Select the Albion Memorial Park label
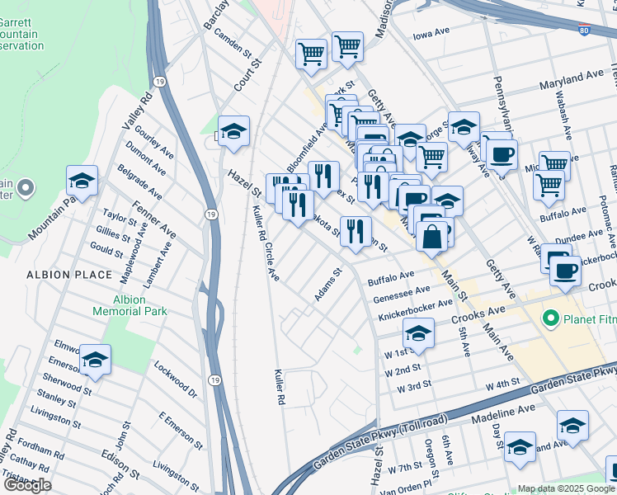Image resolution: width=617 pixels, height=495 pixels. tap(141, 305)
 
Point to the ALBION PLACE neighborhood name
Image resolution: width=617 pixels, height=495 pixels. tap(68, 274)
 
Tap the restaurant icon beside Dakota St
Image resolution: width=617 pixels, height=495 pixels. tap(356, 230)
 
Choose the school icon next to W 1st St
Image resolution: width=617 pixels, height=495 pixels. tap(418, 333)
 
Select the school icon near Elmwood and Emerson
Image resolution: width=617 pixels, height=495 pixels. tap(95, 360)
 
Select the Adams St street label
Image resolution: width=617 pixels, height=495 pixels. tap(327, 285)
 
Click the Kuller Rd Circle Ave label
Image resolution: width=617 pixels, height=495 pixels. tap(266, 243)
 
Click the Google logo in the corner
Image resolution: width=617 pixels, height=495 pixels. tap(26, 485)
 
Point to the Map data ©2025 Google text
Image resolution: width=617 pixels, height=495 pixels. tap(566, 488)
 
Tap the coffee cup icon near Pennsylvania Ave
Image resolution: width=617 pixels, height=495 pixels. tap(500, 153)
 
